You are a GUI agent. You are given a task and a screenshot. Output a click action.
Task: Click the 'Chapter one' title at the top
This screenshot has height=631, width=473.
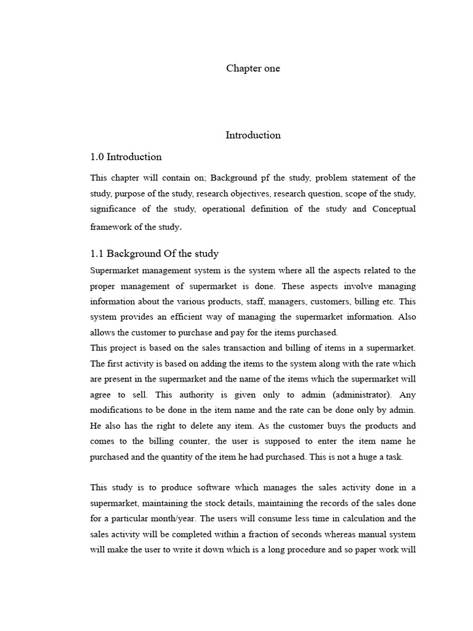pos(253,68)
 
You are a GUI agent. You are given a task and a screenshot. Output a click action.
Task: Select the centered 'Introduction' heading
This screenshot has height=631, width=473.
pos(253,135)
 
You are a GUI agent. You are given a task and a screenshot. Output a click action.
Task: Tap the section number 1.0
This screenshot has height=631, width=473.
pos(97,157)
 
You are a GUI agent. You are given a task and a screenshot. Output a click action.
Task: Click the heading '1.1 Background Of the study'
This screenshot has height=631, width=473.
pos(154,254)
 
